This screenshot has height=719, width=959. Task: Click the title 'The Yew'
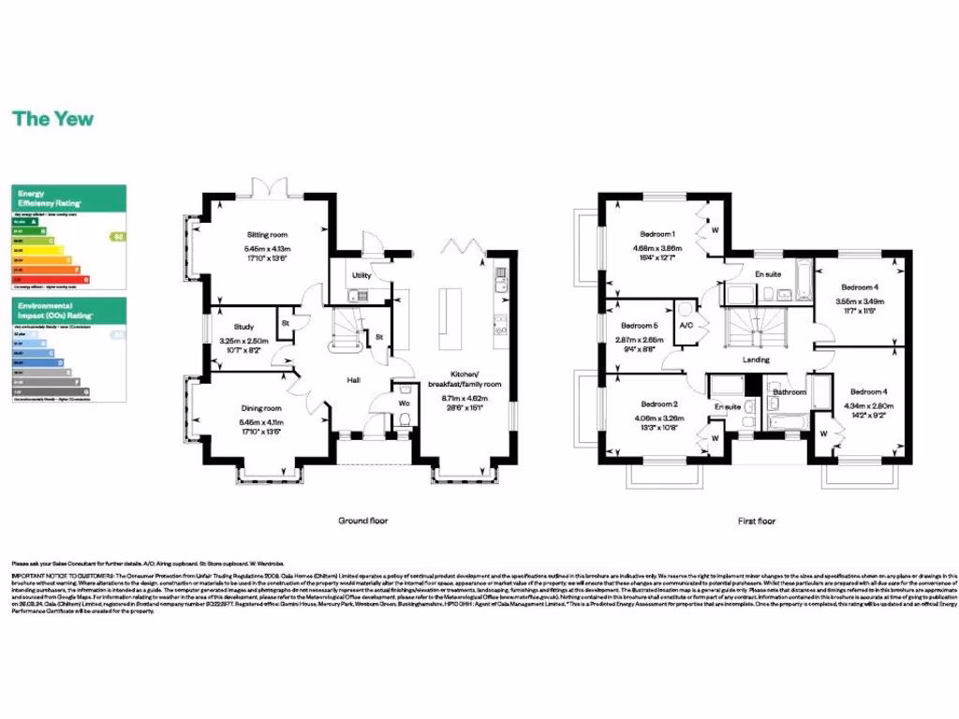[52, 119]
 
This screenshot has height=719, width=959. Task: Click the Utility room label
[361, 276]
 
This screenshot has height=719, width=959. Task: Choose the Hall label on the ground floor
[354, 381]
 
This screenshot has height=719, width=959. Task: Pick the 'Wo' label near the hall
[404, 404]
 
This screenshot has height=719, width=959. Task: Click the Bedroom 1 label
[657, 234]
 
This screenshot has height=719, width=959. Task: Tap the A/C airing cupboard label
[686, 325]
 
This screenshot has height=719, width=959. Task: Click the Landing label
[755, 359]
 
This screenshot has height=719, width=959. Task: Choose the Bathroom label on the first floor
[789, 392]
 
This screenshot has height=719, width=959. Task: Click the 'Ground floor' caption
[362, 521]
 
